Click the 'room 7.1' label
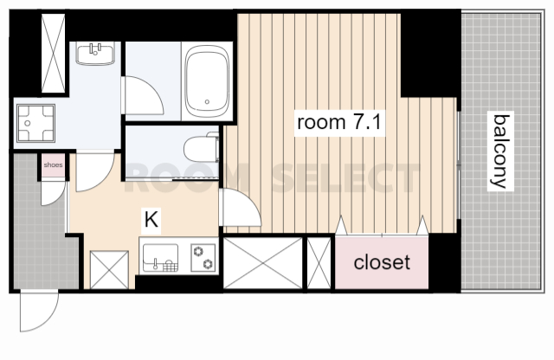tap(339, 122)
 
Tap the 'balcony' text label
tap(500, 151)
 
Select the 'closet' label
tap(382, 262)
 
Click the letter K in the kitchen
tap(151, 220)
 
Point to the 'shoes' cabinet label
tap(54, 165)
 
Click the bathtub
tap(207, 81)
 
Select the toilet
tap(201, 148)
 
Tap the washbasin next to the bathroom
tap(95, 54)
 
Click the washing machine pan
tap(35, 123)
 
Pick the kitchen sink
tap(160, 258)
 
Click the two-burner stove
tap(203, 258)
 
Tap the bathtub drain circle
tap(207, 102)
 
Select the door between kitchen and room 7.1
tap(241, 207)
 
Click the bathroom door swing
tap(143, 95)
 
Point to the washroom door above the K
tap(95, 171)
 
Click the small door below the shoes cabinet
tap(53, 193)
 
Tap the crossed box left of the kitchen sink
tap(109, 269)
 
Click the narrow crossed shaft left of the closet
tap(319, 263)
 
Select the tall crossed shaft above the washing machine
tap(54, 54)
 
